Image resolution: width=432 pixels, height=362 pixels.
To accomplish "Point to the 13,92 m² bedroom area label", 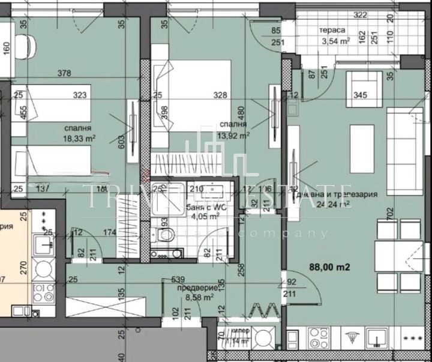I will [x=233, y=136].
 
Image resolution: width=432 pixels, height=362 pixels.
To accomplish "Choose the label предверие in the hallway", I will [x=193, y=287].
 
